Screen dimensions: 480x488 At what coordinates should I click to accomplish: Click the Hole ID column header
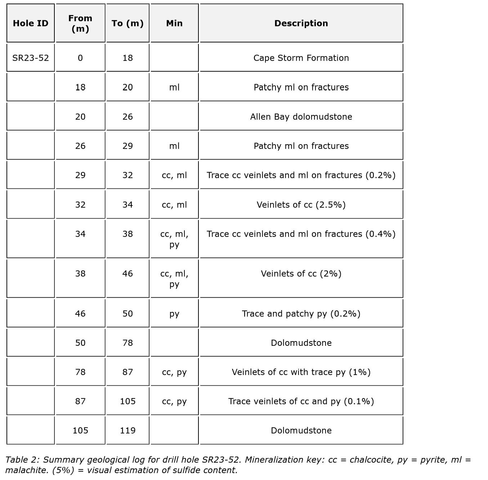[x=31, y=23]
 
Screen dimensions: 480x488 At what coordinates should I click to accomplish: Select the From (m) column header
[x=80, y=23]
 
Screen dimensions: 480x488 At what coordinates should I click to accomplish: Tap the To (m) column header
[x=127, y=23]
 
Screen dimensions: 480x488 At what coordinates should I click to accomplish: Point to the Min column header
[x=174, y=23]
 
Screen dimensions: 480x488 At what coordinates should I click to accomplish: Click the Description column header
[x=301, y=23]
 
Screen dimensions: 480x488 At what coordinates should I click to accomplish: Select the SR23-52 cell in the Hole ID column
[x=31, y=58]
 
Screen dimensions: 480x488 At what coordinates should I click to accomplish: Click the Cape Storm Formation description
[x=301, y=58]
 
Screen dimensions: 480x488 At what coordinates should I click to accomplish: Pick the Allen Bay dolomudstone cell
[x=301, y=117]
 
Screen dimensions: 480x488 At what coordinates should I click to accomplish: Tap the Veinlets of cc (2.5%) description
[x=301, y=205]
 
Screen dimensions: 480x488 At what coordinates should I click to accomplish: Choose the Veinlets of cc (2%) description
[x=301, y=274]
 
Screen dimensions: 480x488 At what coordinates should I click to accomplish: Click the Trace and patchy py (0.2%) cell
[x=301, y=314]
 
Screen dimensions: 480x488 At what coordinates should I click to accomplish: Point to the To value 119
[x=127, y=431]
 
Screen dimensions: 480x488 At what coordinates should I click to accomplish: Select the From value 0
[x=80, y=58]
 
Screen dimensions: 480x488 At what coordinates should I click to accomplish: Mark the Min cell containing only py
[x=174, y=314]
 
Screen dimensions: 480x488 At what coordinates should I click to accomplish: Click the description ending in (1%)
[x=301, y=372]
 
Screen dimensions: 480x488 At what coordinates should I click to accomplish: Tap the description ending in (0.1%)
[x=301, y=401]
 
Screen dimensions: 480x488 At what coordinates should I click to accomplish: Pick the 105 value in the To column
[x=127, y=401]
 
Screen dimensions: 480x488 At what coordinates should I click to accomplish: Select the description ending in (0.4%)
[x=301, y=234]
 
